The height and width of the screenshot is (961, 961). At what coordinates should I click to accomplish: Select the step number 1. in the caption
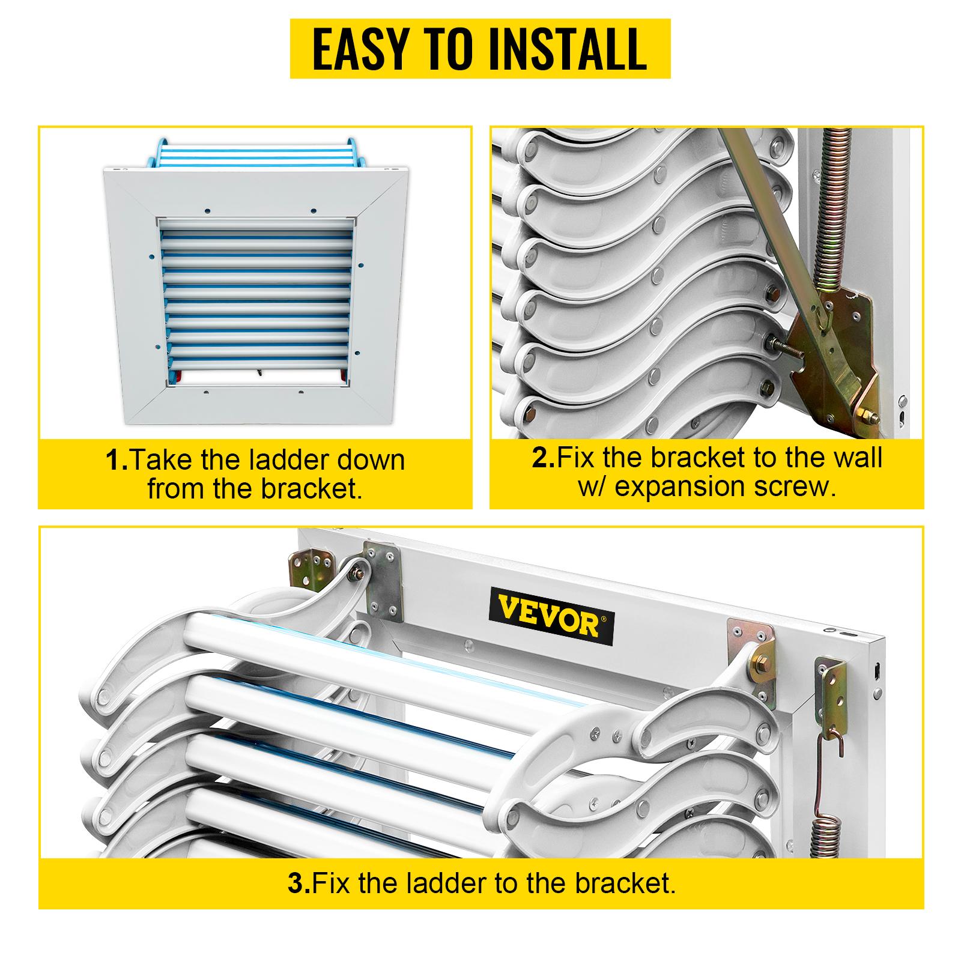(x=117, y=461)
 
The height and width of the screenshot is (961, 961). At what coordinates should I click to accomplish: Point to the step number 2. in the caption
(x=543, y=458)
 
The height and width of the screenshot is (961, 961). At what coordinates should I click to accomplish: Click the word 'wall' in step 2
(x=852, y=458)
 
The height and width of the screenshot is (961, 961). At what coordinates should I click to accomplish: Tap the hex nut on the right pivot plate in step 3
(x=757, y=667)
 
